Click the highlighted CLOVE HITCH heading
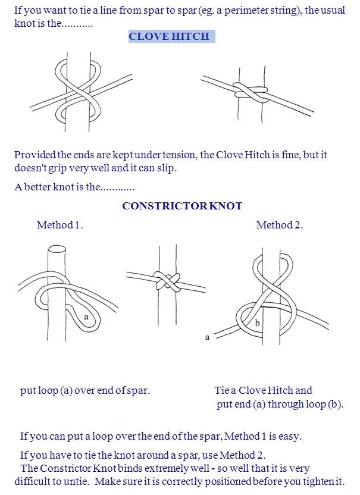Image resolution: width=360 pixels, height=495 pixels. tap(169, 36)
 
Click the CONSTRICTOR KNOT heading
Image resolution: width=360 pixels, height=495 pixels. tap(182, 206)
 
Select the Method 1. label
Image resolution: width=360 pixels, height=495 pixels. tap(60, 225)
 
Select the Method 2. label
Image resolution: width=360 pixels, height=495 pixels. tap(279, 225)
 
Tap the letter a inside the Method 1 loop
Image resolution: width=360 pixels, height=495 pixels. tap(86, 317)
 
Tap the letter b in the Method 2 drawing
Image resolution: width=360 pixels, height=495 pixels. tap(257, 323)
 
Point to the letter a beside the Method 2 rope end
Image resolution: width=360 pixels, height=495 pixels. tap(207, 337)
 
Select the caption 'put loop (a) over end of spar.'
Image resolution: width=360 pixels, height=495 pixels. tap(85, 391)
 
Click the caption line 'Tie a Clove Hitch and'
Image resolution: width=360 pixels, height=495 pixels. tap(263, 391)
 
